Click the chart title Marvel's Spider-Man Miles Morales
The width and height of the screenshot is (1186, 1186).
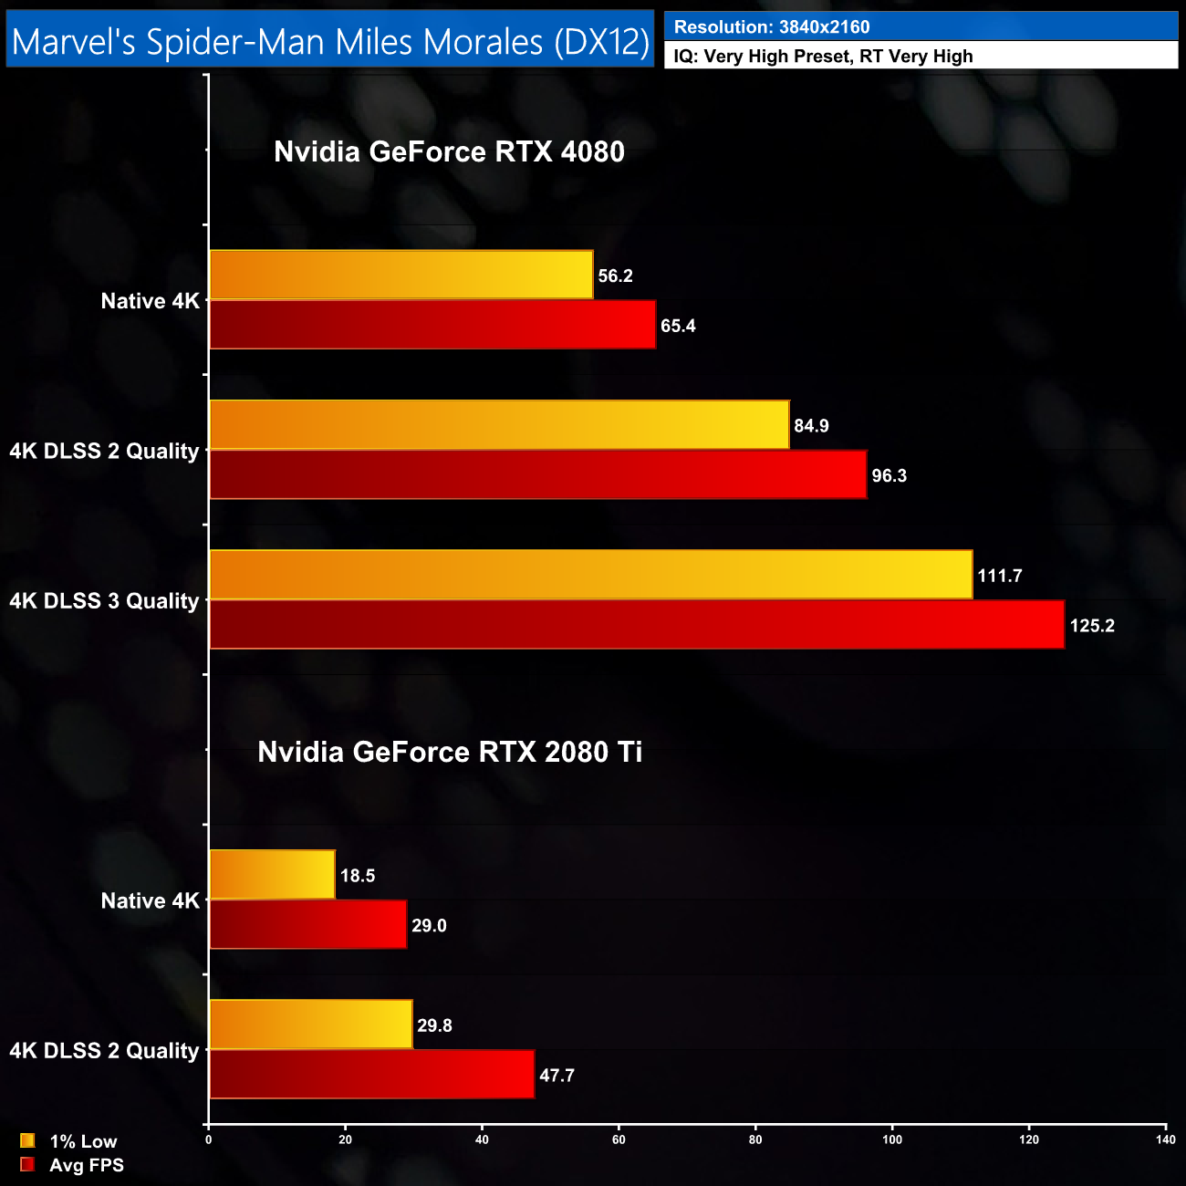(330, 41)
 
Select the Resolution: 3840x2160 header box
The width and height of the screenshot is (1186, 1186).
(921, 26)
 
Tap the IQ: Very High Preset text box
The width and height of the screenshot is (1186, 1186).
(921, 57)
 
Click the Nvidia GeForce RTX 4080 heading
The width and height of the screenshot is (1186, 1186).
(449, 151)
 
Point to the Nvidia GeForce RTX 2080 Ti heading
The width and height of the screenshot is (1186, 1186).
(450, 752)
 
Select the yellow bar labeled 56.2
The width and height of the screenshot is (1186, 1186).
(401, 275)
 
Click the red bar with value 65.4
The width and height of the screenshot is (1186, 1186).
(432, 325)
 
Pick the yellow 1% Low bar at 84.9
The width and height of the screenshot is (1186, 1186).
(499, 425)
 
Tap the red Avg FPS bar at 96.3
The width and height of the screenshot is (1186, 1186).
(538, 475)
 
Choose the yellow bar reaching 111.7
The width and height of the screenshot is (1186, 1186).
(591, 575)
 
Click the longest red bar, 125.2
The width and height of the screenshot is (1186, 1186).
(637, 625)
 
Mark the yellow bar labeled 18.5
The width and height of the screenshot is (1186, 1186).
(273, 875)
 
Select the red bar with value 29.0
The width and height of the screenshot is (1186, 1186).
(308, 925)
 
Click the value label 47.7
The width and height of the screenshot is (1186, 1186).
(557, 1076)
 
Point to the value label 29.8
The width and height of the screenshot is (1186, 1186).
(434, 1025)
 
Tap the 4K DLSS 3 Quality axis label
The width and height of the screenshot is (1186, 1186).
(104, 601)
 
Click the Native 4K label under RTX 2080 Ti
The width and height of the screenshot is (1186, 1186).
(150, 901)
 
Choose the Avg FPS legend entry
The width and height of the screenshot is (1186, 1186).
(72, 1165)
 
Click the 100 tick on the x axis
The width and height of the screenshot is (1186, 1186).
(892, 1139)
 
